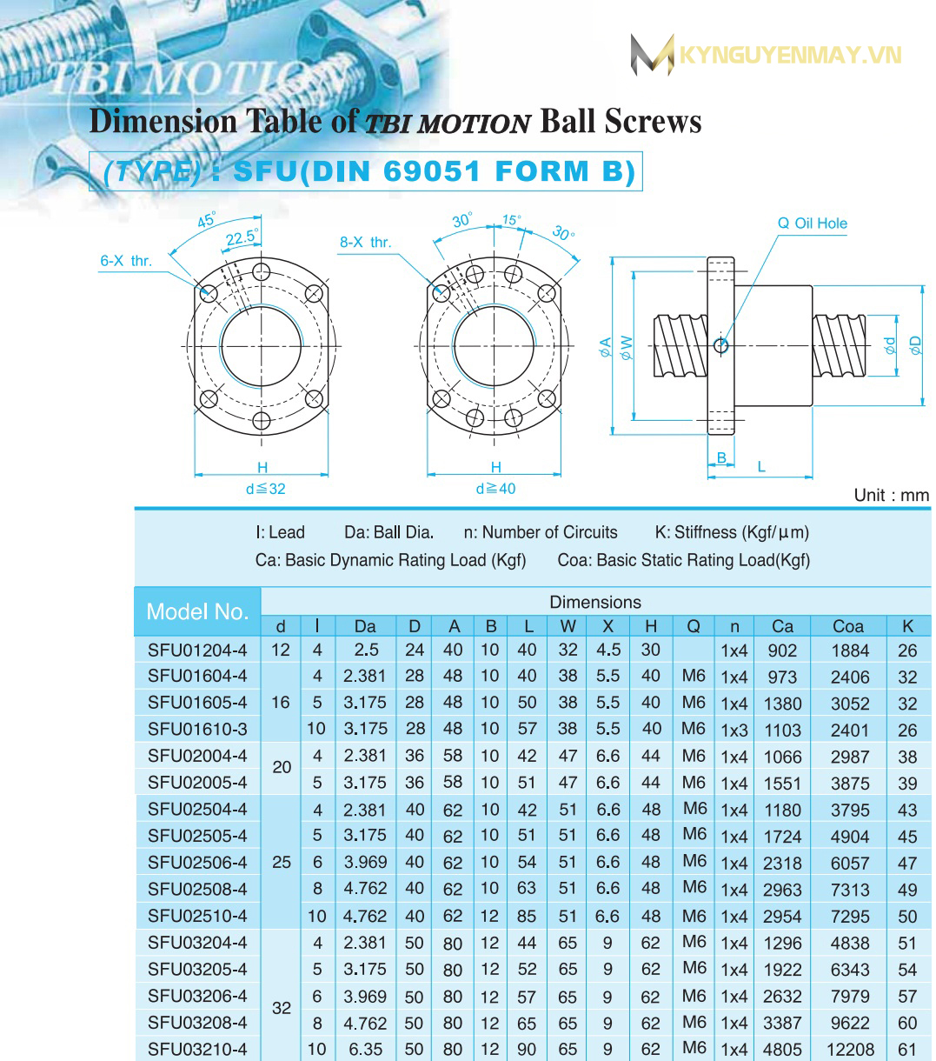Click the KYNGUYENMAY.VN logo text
789,56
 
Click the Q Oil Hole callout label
812,224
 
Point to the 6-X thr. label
126,260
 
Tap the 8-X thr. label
365,242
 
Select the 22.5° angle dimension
242,237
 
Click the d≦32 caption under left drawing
265,489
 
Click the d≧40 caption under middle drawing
495,489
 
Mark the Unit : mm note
891,495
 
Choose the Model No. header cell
197,611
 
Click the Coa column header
848,626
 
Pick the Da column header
365,626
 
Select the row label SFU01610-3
197,729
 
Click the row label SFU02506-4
197,863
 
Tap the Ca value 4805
782,1050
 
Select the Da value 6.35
365,1050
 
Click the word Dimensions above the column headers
595,602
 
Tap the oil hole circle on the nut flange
720,346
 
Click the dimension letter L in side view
761,467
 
